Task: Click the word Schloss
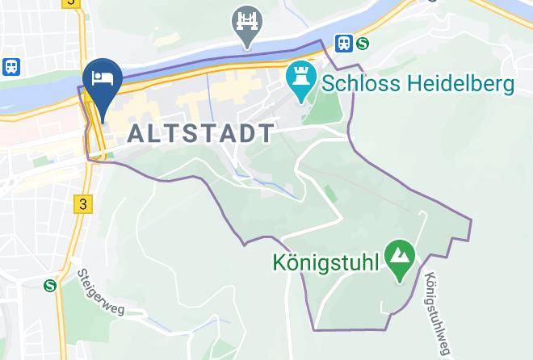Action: point(359,83)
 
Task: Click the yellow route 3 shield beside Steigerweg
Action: point(82,203)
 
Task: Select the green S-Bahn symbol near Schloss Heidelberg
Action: point(363,44)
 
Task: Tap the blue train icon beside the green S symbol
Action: point(345,44)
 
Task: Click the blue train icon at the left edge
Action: point(11,67)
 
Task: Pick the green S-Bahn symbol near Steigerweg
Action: point(51,284)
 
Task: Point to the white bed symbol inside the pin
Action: point(103,77)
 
